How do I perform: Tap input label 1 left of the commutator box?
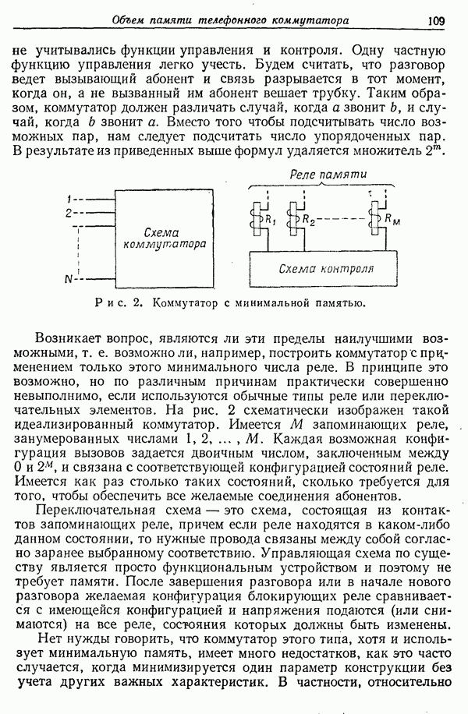point(69,197)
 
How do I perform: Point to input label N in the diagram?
point(69,278)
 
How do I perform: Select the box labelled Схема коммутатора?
point(165,238)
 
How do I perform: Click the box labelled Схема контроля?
point(326,269)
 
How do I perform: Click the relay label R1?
point(272,219)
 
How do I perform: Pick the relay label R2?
point(309,220)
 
